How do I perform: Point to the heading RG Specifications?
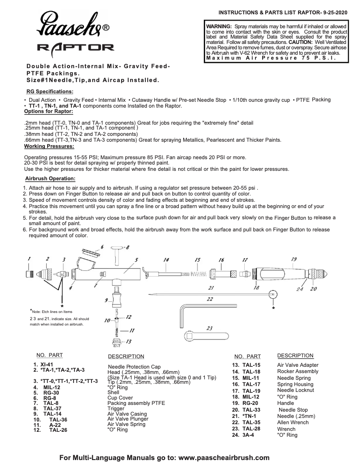[x=50, y=91]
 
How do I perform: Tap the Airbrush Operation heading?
[x=49, y=178]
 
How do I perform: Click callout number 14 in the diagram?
[x=166, y=260]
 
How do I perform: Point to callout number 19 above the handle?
[x=294, y=259]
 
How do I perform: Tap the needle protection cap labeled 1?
[x=29, y=274]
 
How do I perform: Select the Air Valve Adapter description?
[x=298, y=365]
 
